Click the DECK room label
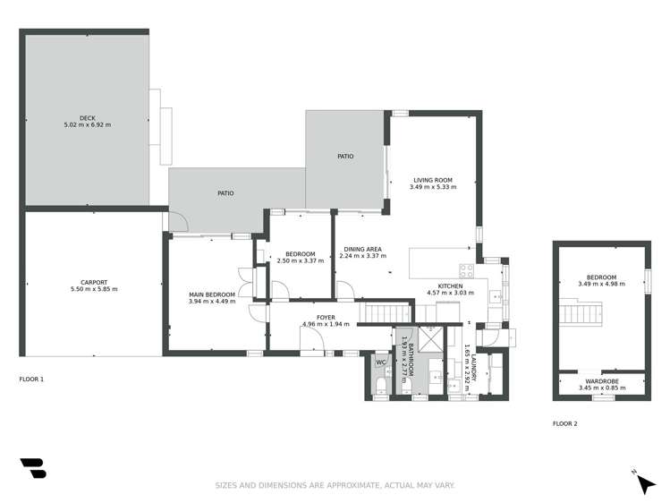click(87, 118)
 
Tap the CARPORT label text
click(94, 283)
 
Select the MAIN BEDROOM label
click(212, 294)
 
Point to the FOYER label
click(313, 317)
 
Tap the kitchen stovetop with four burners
click(466, 270)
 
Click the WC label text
click(380, 362)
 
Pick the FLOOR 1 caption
click(31, 379)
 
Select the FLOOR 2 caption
click(564, 423)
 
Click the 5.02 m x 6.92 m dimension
click(87, 124)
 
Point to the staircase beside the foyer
click(386, 312)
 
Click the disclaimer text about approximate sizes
click(335, 485)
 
